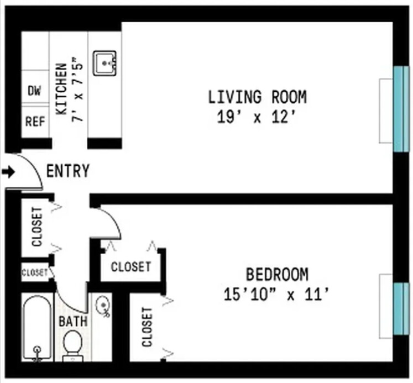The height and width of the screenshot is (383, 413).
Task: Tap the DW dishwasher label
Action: (x=34, y=91)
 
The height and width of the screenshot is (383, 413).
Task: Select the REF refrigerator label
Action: (x=34, y=121)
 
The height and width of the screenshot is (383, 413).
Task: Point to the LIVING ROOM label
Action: (x=257, y=97)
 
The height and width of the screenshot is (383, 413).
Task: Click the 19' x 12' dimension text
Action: (x=257, y=118)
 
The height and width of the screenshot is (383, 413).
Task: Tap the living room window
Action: (x=399, y=109)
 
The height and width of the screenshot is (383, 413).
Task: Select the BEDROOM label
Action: (x=277, y=274)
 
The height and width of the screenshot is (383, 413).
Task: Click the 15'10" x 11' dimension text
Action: (x=277, y=295)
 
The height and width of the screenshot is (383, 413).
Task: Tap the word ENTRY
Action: (x=67, y=171)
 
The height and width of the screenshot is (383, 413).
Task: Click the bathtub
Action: (x=38, y=328)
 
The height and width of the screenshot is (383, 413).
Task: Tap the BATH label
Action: (x=72, y=321)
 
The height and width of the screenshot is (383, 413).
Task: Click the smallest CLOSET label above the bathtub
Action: (x=35, y=272)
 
